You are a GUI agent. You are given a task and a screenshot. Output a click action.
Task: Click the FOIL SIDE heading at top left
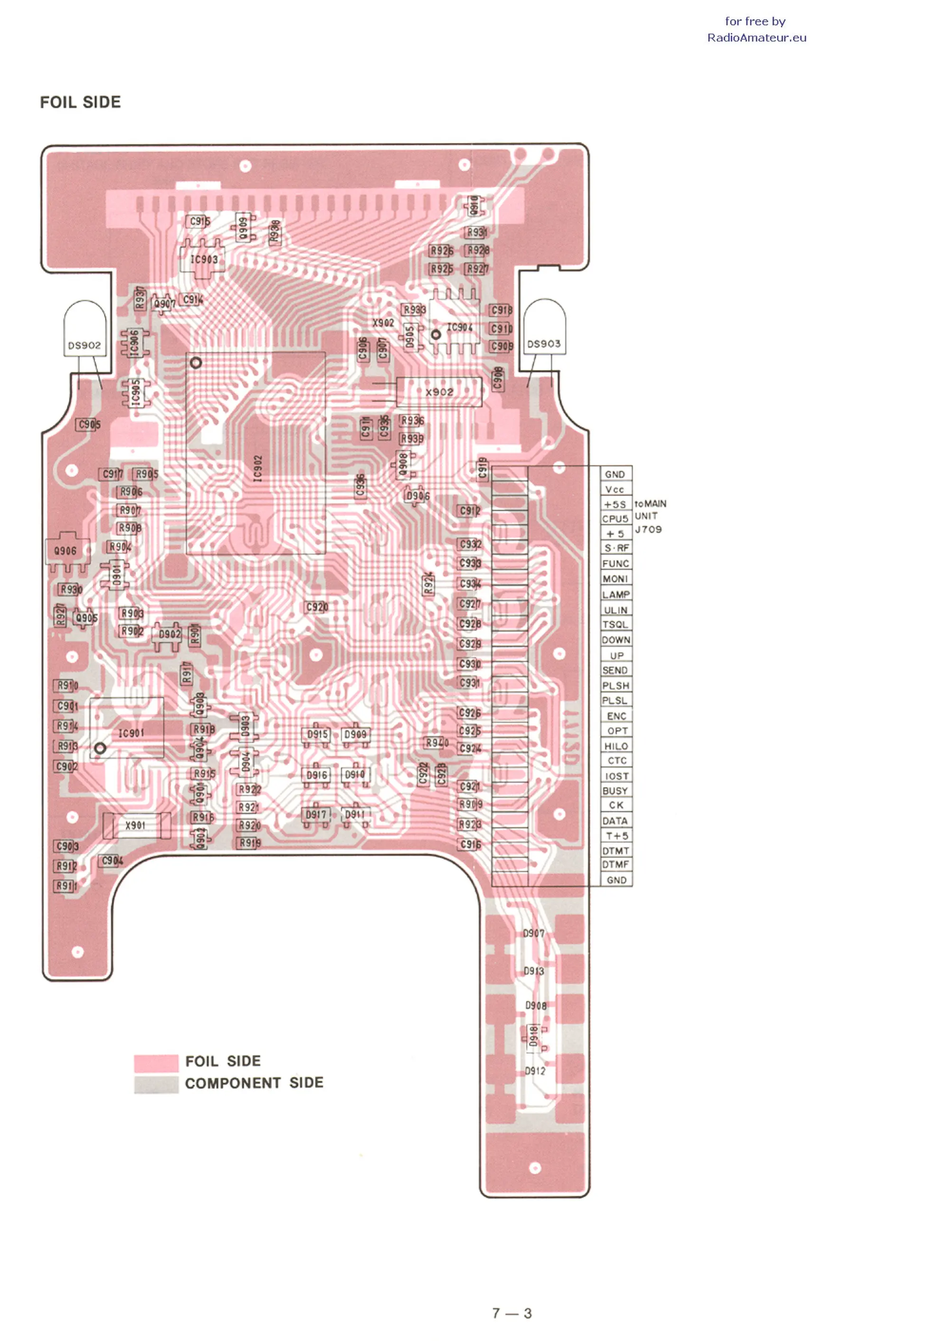click(x=80, y=102)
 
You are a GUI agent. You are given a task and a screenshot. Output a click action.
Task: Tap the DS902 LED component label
click(x=84, y=346)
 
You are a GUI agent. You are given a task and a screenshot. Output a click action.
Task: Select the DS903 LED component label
click(x=543, y=344)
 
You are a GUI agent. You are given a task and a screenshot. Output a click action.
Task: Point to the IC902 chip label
click(x=257, y=469)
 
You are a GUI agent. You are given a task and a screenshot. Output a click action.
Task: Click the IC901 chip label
click(x=131, y=733)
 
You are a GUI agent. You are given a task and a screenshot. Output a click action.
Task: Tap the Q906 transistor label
click(x=65, y=551)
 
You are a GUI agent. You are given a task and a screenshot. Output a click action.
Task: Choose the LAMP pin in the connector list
click(x=616, y=595)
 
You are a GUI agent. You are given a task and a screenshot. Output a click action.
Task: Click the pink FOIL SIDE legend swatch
click(x=156, y=1062)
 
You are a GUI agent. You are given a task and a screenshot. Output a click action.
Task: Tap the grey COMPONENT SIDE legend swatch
click(x=156, y=1084)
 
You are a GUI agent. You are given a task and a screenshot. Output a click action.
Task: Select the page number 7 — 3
click(x=512, y=1314)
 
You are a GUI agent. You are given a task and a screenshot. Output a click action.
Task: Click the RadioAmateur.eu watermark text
click(x=756, y=38)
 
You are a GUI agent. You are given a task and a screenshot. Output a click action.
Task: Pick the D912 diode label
click(x=535, y=1071)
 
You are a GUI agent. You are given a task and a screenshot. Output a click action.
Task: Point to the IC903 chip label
click(x=204, y=259)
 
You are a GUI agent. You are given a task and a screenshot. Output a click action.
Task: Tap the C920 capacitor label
click(x=317, y=607)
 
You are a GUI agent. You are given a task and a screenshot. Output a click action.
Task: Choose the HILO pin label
click(x=616, y=747)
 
